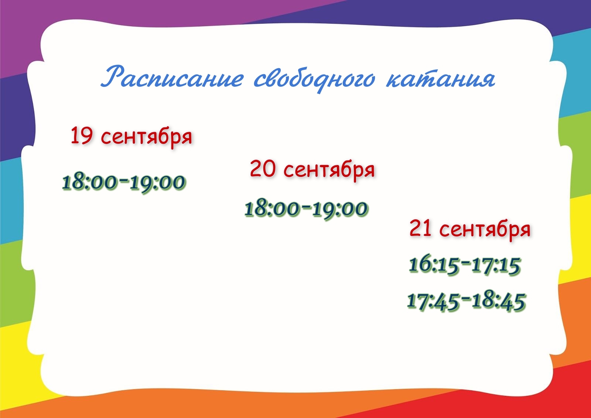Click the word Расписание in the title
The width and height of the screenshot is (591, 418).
pyautogui.click(x=172, y=77)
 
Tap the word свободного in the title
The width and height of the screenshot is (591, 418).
pyautogui.click(x=314, y=79)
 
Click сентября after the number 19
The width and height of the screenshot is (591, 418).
pyautogui.click(x=146, y=137)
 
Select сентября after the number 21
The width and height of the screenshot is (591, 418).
pyautogui.click(x=485, y=230)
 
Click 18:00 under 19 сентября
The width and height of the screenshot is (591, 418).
pyautogui.click(x=89, y=182)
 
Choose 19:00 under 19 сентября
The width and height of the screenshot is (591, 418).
pyautogui.click(x=158, y=183)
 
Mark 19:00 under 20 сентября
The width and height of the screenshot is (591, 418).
pyautogui.click(x=340, y=209)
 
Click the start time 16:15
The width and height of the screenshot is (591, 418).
pyautogui.click(x=434, y=264)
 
